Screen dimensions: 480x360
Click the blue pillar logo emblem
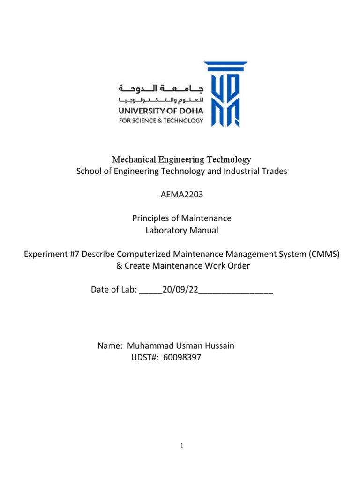point(226,94)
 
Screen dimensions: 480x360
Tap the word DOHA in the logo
point(190,111)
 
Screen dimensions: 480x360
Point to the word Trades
point(275,172)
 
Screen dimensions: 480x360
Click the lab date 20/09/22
point(180,290)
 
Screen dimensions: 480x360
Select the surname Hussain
point(217,346)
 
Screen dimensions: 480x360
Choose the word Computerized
point(127,254)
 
